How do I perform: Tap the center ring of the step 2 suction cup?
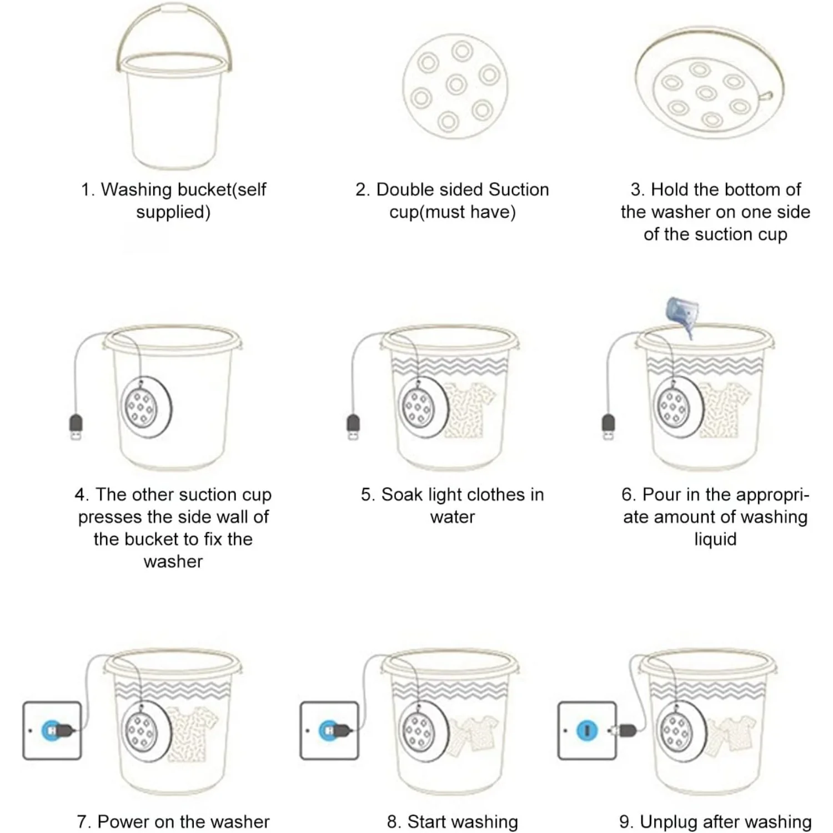(456, 85)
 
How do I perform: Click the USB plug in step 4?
(76, 426)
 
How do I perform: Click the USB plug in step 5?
(353, 426)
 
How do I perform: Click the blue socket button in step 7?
(51, 730)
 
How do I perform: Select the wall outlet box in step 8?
(329, 730)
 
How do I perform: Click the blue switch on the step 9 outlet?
(587, 730)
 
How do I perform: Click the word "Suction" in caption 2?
(519, 190)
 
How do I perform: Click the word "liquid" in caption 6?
(715, 539)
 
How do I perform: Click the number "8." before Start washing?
(394, 821)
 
